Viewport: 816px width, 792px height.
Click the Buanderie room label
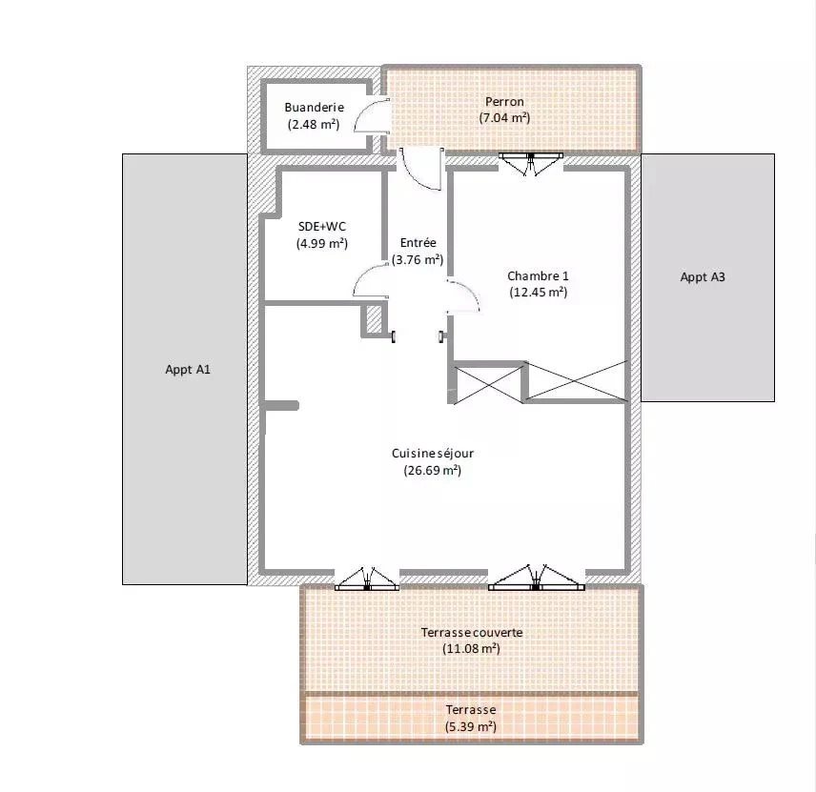[x=314, y=108]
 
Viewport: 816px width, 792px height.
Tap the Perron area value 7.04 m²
[x=504, y=118]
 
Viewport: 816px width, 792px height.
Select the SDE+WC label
[x=321, y=227]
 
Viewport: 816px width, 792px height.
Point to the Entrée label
[x=418, y=243]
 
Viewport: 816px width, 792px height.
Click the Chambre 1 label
[x=538, y=276]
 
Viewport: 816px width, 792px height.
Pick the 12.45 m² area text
[x=538, y=293]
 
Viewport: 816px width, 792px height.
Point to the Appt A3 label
[x=703, y=277]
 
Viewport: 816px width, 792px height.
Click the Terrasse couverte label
[x=472, y=632]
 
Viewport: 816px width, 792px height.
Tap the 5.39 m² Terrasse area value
[x=471, y=726]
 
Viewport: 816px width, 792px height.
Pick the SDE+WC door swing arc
[x=370, y=282]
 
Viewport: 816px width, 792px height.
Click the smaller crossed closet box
[x=489, y=383]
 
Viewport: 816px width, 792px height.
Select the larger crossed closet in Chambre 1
[x=577, y=381]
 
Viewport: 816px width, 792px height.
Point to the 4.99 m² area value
[x=321, y=243]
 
